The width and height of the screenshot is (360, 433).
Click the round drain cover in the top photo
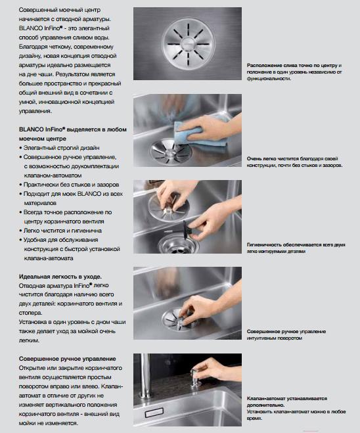pyautogui.click(x=188, y=44)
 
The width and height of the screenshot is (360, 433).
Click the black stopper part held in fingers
pyautogui.click(x=187, y=229)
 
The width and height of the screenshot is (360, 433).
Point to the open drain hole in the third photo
pyautogui.click(x=178, y=244)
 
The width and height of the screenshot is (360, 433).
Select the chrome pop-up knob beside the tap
pyautogui.click(x=196, y=378)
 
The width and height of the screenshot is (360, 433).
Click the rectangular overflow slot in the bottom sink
pyautogui.click(x=154, y=413)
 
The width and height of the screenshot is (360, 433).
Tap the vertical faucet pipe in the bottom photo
pyautogui.click(x=145, y=376)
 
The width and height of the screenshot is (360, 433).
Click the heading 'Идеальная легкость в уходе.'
pyautogui.click(x=60, y=277)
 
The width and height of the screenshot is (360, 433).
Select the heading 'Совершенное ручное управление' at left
pyautogui.click(x=68, y=359)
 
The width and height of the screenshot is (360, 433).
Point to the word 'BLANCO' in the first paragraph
pyautogui.click(x=31, y=28)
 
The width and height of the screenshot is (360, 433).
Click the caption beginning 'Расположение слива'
pyautogui.click(x=294, y=72)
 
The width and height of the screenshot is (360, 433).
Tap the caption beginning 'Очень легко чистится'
pyautogui.click(x=294, y=162)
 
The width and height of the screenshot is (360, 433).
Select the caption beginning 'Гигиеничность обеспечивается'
pyautogui.click(x=296, y=248)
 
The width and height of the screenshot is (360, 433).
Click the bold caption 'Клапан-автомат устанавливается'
pyautogui.click(x=287, y=402)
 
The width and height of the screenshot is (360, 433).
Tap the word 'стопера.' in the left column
pyautogui.click(x=31, y=313)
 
